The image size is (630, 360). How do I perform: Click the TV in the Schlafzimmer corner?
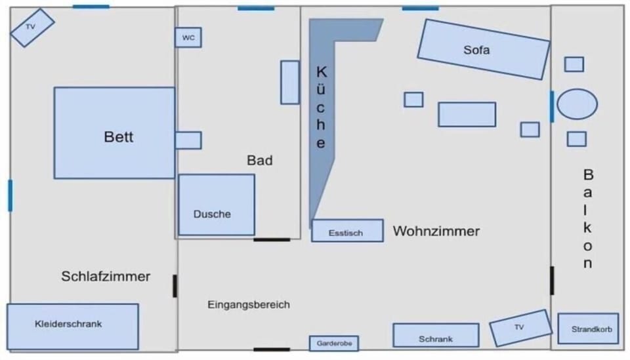tap(32, 28)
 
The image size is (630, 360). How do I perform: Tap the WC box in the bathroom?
tap(188, 37)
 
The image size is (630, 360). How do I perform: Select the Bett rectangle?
tap(114, 133)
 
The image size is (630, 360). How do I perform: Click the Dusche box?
tap(217, 205)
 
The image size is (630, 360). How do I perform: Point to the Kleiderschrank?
tap(73, 327)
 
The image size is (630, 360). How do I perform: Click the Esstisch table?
tap(347, 231)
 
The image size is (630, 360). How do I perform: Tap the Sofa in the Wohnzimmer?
tap(484, 49)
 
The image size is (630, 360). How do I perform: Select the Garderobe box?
tap(334, 343)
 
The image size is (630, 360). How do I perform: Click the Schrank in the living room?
tap(436, 335)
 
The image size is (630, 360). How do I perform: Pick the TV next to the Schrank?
tap(520, 328)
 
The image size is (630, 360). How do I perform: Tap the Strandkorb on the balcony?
tap(588, 329)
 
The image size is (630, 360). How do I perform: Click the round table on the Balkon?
tap(577, 104)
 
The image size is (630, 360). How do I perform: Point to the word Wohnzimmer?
tap(436, 231)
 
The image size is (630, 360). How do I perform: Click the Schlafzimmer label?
tap(106, 276)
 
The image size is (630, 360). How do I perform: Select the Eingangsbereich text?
tap(249, 305)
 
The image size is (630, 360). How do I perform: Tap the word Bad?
tap(260, 161)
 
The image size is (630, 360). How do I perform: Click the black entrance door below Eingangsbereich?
tap(272, 350)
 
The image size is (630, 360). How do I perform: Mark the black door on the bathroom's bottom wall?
tap(272, 239)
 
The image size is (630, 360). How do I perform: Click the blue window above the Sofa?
tap(420, 8)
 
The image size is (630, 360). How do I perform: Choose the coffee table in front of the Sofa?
tap(467, 114)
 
